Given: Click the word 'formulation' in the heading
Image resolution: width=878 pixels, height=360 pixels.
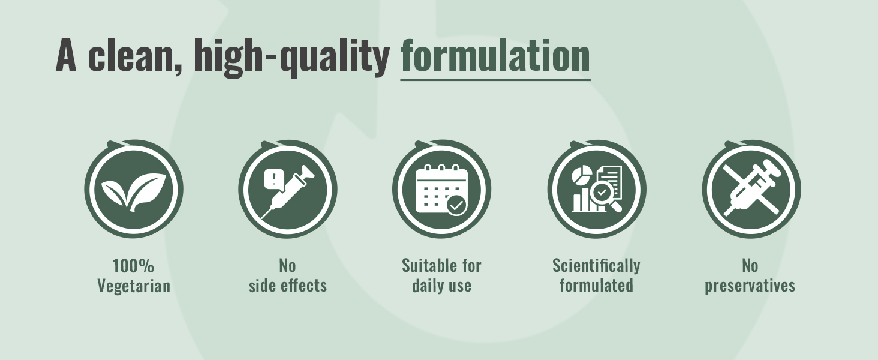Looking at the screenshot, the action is (x=495, y=55).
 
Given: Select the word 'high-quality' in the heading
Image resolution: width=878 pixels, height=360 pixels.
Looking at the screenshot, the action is (x=291, y=58).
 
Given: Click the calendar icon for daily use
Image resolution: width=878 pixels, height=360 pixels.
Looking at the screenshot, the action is (x=441, y=190).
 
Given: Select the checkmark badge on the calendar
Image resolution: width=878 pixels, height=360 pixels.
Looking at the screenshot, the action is (x=456, y=205).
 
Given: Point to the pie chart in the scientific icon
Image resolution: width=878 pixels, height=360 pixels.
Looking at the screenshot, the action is (x=581, y=175).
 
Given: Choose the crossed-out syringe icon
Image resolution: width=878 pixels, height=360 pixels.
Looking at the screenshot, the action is (x=751, y=190).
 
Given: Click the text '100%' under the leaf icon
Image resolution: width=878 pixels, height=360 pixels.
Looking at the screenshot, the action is (x=133, y=266).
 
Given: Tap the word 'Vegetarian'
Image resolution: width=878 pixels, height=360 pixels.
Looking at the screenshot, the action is (x=134, y=286).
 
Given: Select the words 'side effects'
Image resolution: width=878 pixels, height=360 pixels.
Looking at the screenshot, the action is (x=288, y=285).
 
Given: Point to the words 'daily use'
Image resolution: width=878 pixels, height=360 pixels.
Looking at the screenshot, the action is (x=441, y=286).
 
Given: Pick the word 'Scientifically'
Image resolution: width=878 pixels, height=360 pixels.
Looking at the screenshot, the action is (x=596, y=266).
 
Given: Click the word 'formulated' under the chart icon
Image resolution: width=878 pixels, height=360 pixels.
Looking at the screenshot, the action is (x=596, y=285).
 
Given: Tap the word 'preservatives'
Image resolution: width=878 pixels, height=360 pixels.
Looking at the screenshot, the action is (x=750, y=286).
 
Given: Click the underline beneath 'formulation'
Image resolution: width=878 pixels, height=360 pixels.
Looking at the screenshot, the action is (x=495, y=80).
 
